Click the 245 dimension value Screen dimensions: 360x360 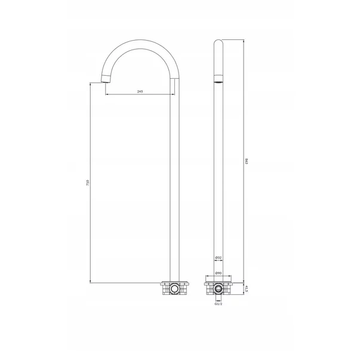click(139, 91)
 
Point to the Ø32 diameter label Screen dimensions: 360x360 click(219, 258)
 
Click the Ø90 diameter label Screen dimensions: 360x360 click(219, 273)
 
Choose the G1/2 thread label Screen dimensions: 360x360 click(219, 304)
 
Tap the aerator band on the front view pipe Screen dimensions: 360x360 click(219, 78)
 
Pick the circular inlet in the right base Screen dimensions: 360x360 click(219, 289)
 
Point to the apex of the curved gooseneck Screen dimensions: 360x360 click(139, 42)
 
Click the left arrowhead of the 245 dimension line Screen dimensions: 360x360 click(106, 95)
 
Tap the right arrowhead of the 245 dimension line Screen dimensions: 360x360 click(173, 95)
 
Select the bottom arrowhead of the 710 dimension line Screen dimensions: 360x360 click(90, 281)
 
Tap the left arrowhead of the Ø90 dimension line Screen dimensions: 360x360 click(206, 277)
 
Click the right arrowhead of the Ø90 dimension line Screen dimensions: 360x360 click(231, 277)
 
